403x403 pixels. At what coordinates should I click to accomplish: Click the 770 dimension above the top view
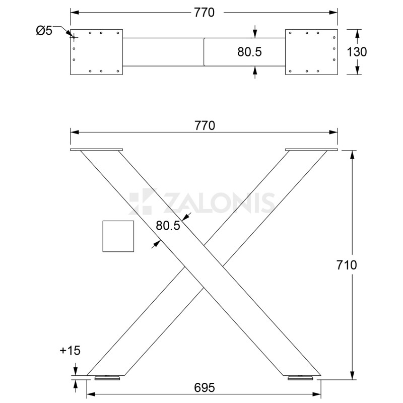[x=204, y=13]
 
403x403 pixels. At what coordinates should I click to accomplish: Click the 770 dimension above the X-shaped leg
[x=204, y=125]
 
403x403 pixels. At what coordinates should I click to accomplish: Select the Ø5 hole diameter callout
[x=44, y=31]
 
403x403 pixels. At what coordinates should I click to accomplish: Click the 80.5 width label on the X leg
[x=168, y=226]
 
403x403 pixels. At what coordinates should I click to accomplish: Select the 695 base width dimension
[x=204, y=387]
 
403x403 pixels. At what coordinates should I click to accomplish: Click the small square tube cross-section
[x=118, y=236]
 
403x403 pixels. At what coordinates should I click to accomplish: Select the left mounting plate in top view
[x=96, y=52]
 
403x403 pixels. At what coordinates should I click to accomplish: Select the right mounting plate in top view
[x=311, y=52]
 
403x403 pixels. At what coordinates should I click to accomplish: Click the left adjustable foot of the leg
[x=106, y=377]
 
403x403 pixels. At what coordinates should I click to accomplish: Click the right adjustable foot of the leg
[x=301, y=377]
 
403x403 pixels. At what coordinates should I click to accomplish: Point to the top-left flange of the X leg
[x=96, y=150]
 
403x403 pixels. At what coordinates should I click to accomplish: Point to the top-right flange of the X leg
[x=311, y=150]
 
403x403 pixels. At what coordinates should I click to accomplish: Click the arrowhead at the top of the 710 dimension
[x=352, y=154]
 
